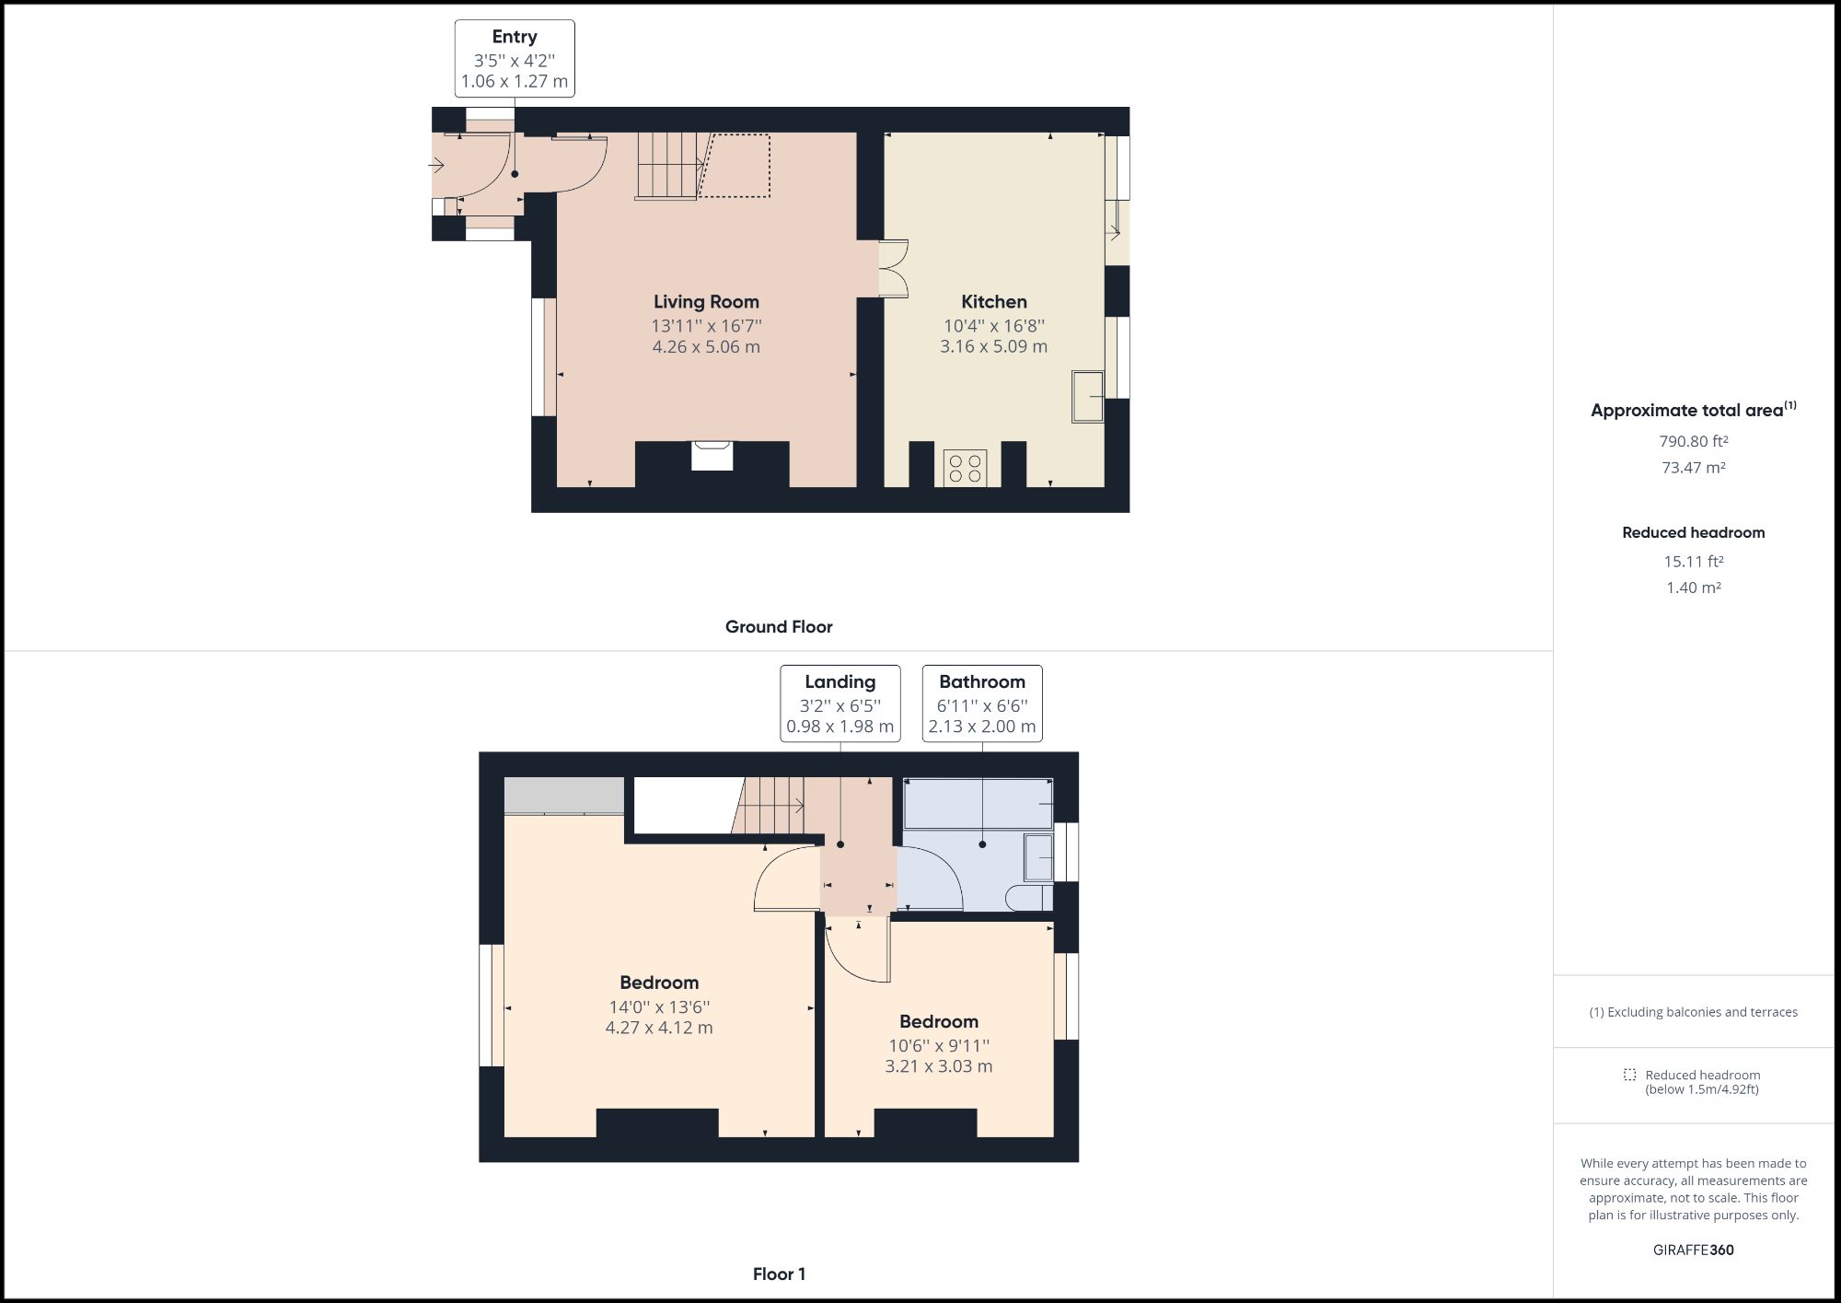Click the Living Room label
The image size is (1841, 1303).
(x=706, y=302)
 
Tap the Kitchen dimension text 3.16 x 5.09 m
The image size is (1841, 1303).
(x=993, y=347)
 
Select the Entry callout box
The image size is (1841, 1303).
(x=515, y=59)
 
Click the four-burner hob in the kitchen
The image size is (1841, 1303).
(x=965, y=468)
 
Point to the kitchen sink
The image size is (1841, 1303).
(x=1087, y=397)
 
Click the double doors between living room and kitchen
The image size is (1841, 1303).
(x=892, y=269)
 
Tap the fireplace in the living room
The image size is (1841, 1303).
(x=712, y=457)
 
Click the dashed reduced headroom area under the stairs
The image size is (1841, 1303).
(x=736, y=166)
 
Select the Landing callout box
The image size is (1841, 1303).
(x=839, y=704)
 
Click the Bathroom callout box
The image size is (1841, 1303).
(x=982, y=704)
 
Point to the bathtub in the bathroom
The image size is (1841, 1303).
(x=978, y=804)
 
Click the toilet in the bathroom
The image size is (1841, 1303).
(x=1028, y=898)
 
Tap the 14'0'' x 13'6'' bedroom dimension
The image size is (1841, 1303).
(x=659, y=1007)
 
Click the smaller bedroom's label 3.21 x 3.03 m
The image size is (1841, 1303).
(x=938, y=1066)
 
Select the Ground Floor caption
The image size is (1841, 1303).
(x=779, y=627)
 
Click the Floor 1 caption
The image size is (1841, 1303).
(x=779, y=1274)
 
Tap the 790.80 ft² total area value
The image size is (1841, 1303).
(x=1693, y=442)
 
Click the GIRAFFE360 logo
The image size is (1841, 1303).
(x=1693, y=1251)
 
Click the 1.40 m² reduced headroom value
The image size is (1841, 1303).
(x=1693, y=588)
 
